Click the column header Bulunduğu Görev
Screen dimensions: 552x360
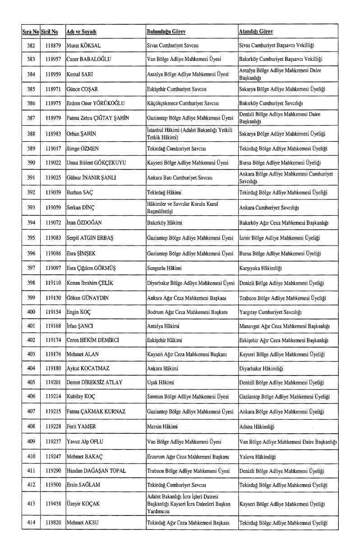tap(166, 32)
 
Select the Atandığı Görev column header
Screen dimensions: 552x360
tap(256, 32)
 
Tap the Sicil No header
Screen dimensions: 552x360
tap(49, 32)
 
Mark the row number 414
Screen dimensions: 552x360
tap(31, 523)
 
